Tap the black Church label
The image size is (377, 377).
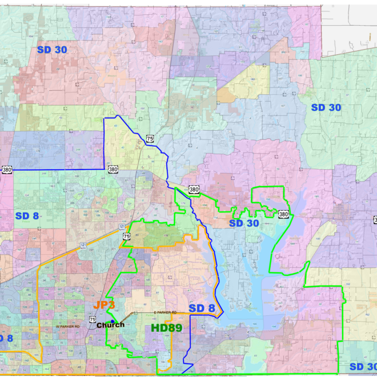tap(110, 325)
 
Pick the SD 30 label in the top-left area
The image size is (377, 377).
tap(52, 50)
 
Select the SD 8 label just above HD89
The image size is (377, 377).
tap(202, 309)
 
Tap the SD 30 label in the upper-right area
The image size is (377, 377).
tap(326, 107)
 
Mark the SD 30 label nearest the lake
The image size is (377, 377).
tap(244, 223)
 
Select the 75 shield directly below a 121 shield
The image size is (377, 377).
tap(126, 235)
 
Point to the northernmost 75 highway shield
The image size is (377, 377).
tap(150, 138)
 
